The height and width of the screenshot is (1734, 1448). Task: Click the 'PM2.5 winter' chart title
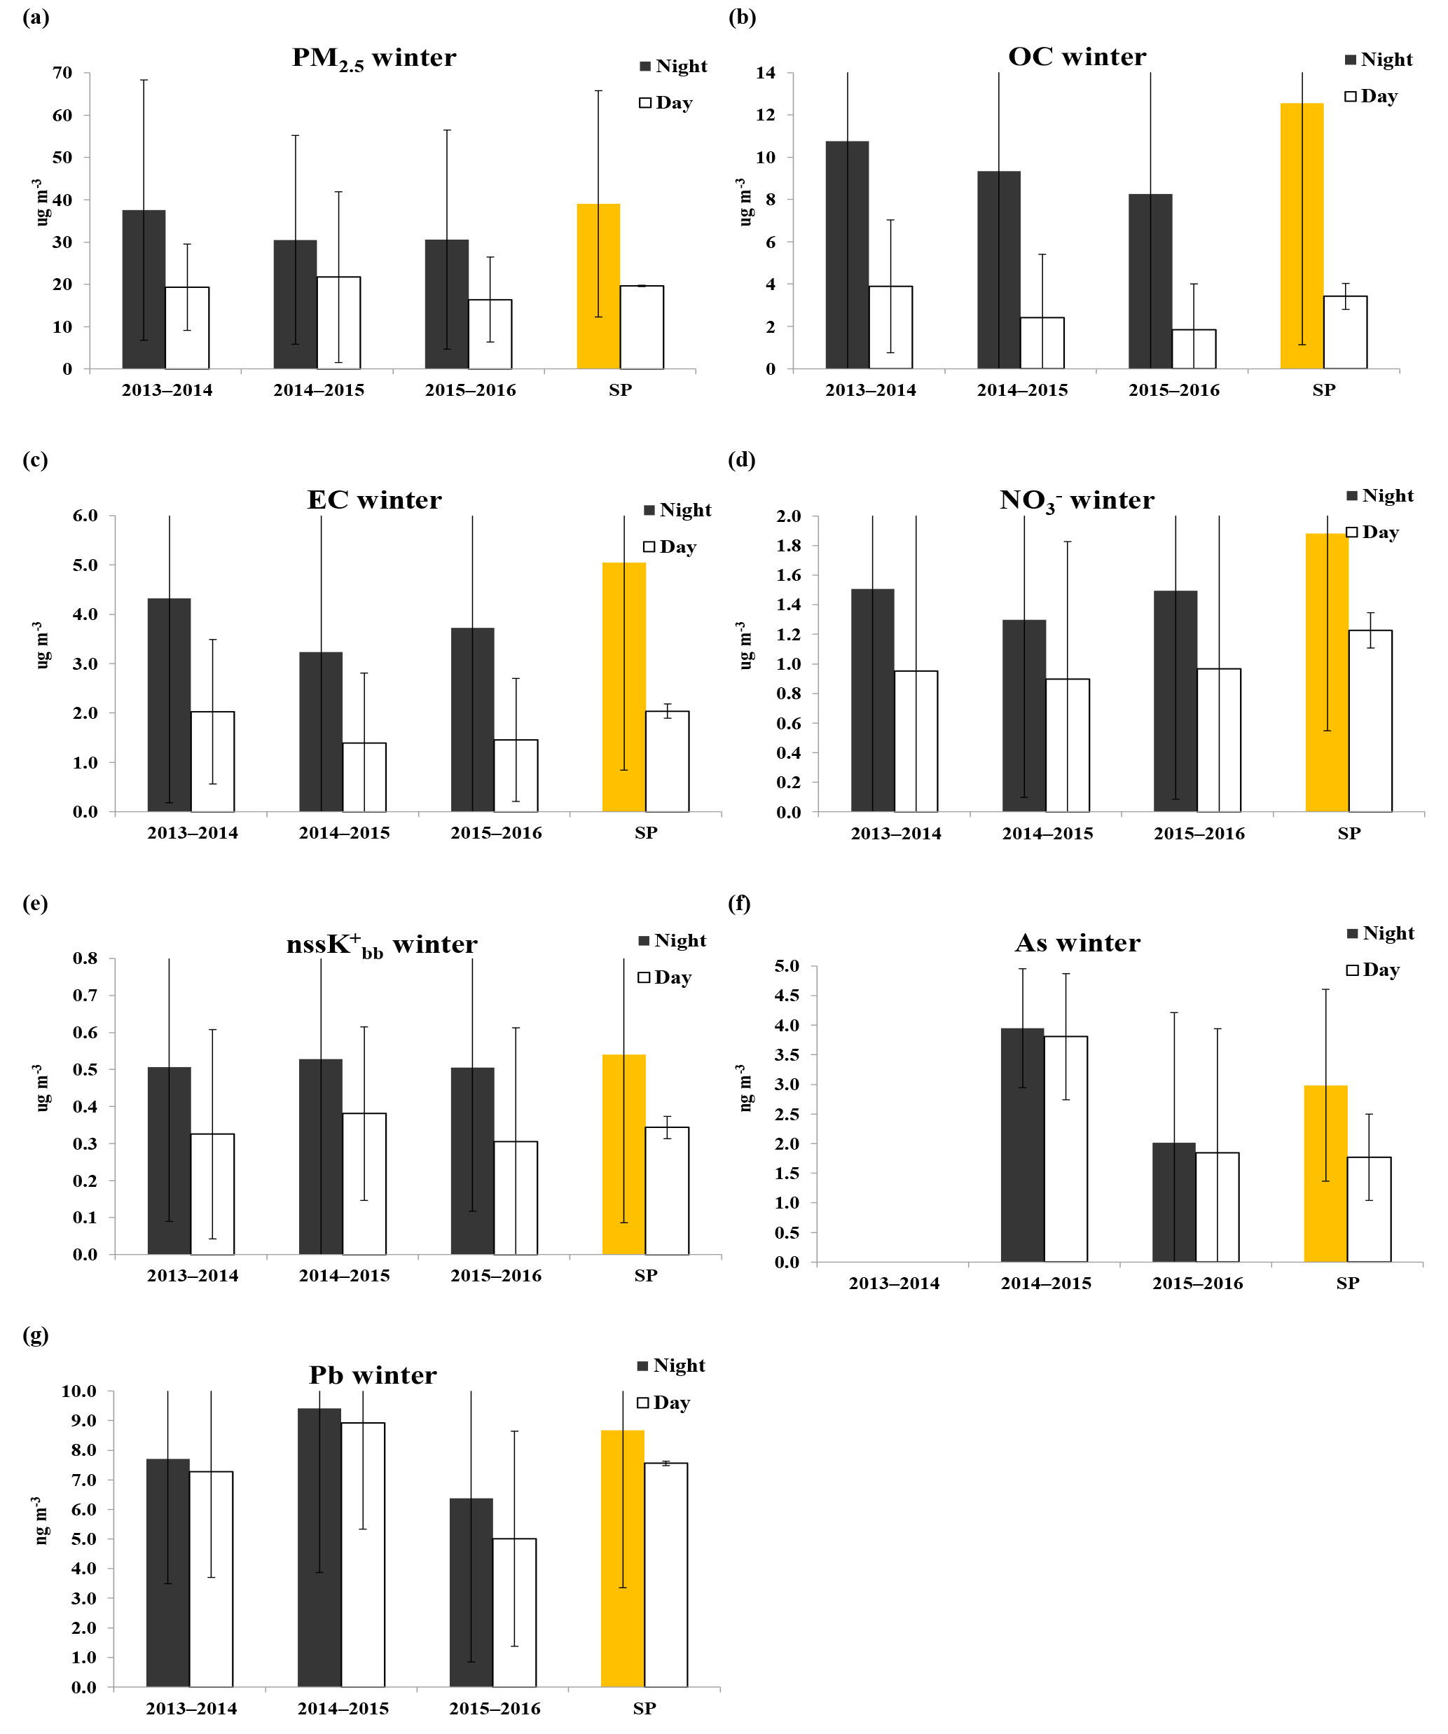coord(374,57)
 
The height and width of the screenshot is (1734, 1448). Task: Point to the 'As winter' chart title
coord(1077,943)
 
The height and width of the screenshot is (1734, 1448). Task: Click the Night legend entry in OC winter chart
coord(1378,60)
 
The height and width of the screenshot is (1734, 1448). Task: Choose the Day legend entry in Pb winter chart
coord(663,1403)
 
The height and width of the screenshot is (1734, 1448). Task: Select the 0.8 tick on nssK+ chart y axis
coord(85,958)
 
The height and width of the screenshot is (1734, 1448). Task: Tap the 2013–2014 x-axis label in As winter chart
coord(894,1284)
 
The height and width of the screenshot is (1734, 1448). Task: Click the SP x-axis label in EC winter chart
coord(646,833)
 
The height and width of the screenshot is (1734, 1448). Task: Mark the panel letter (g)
coord(36,1335)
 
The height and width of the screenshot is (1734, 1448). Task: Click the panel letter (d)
coord(741,459)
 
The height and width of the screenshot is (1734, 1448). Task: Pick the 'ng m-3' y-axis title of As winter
coord(744,1087)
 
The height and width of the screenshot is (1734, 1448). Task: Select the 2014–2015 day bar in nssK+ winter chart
coord(364,1184)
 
